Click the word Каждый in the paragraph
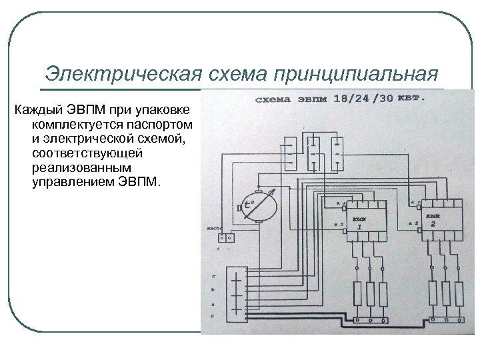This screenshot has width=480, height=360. pyautogui.click(x=37, y=110)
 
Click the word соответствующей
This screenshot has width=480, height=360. pyautogui.click(x=87, y=153)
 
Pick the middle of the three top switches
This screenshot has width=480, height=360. pyautogui.click(x=314, y=150)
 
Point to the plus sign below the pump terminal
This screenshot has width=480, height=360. pyautogui.click(x=218, y=249)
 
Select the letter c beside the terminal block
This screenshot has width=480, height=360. pyautogui.click(x=213, y=276)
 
